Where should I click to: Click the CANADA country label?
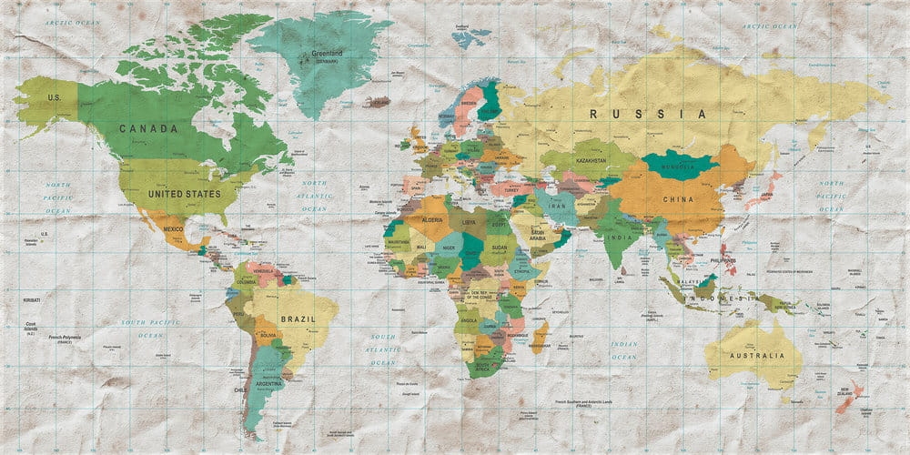[x=148, y=128]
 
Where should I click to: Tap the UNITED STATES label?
[x=184, y=194]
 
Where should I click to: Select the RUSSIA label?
[x=647, y=115]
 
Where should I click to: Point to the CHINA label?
[x=677, y=199]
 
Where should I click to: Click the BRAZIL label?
[x=298, y=319]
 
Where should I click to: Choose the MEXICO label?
[x=173, y=229]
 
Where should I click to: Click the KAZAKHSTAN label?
[x=590, y=160]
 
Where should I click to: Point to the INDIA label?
[x=620, y=238]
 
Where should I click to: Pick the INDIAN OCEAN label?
[x=623, y=349]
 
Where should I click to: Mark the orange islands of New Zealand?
[x=852, y=395]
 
